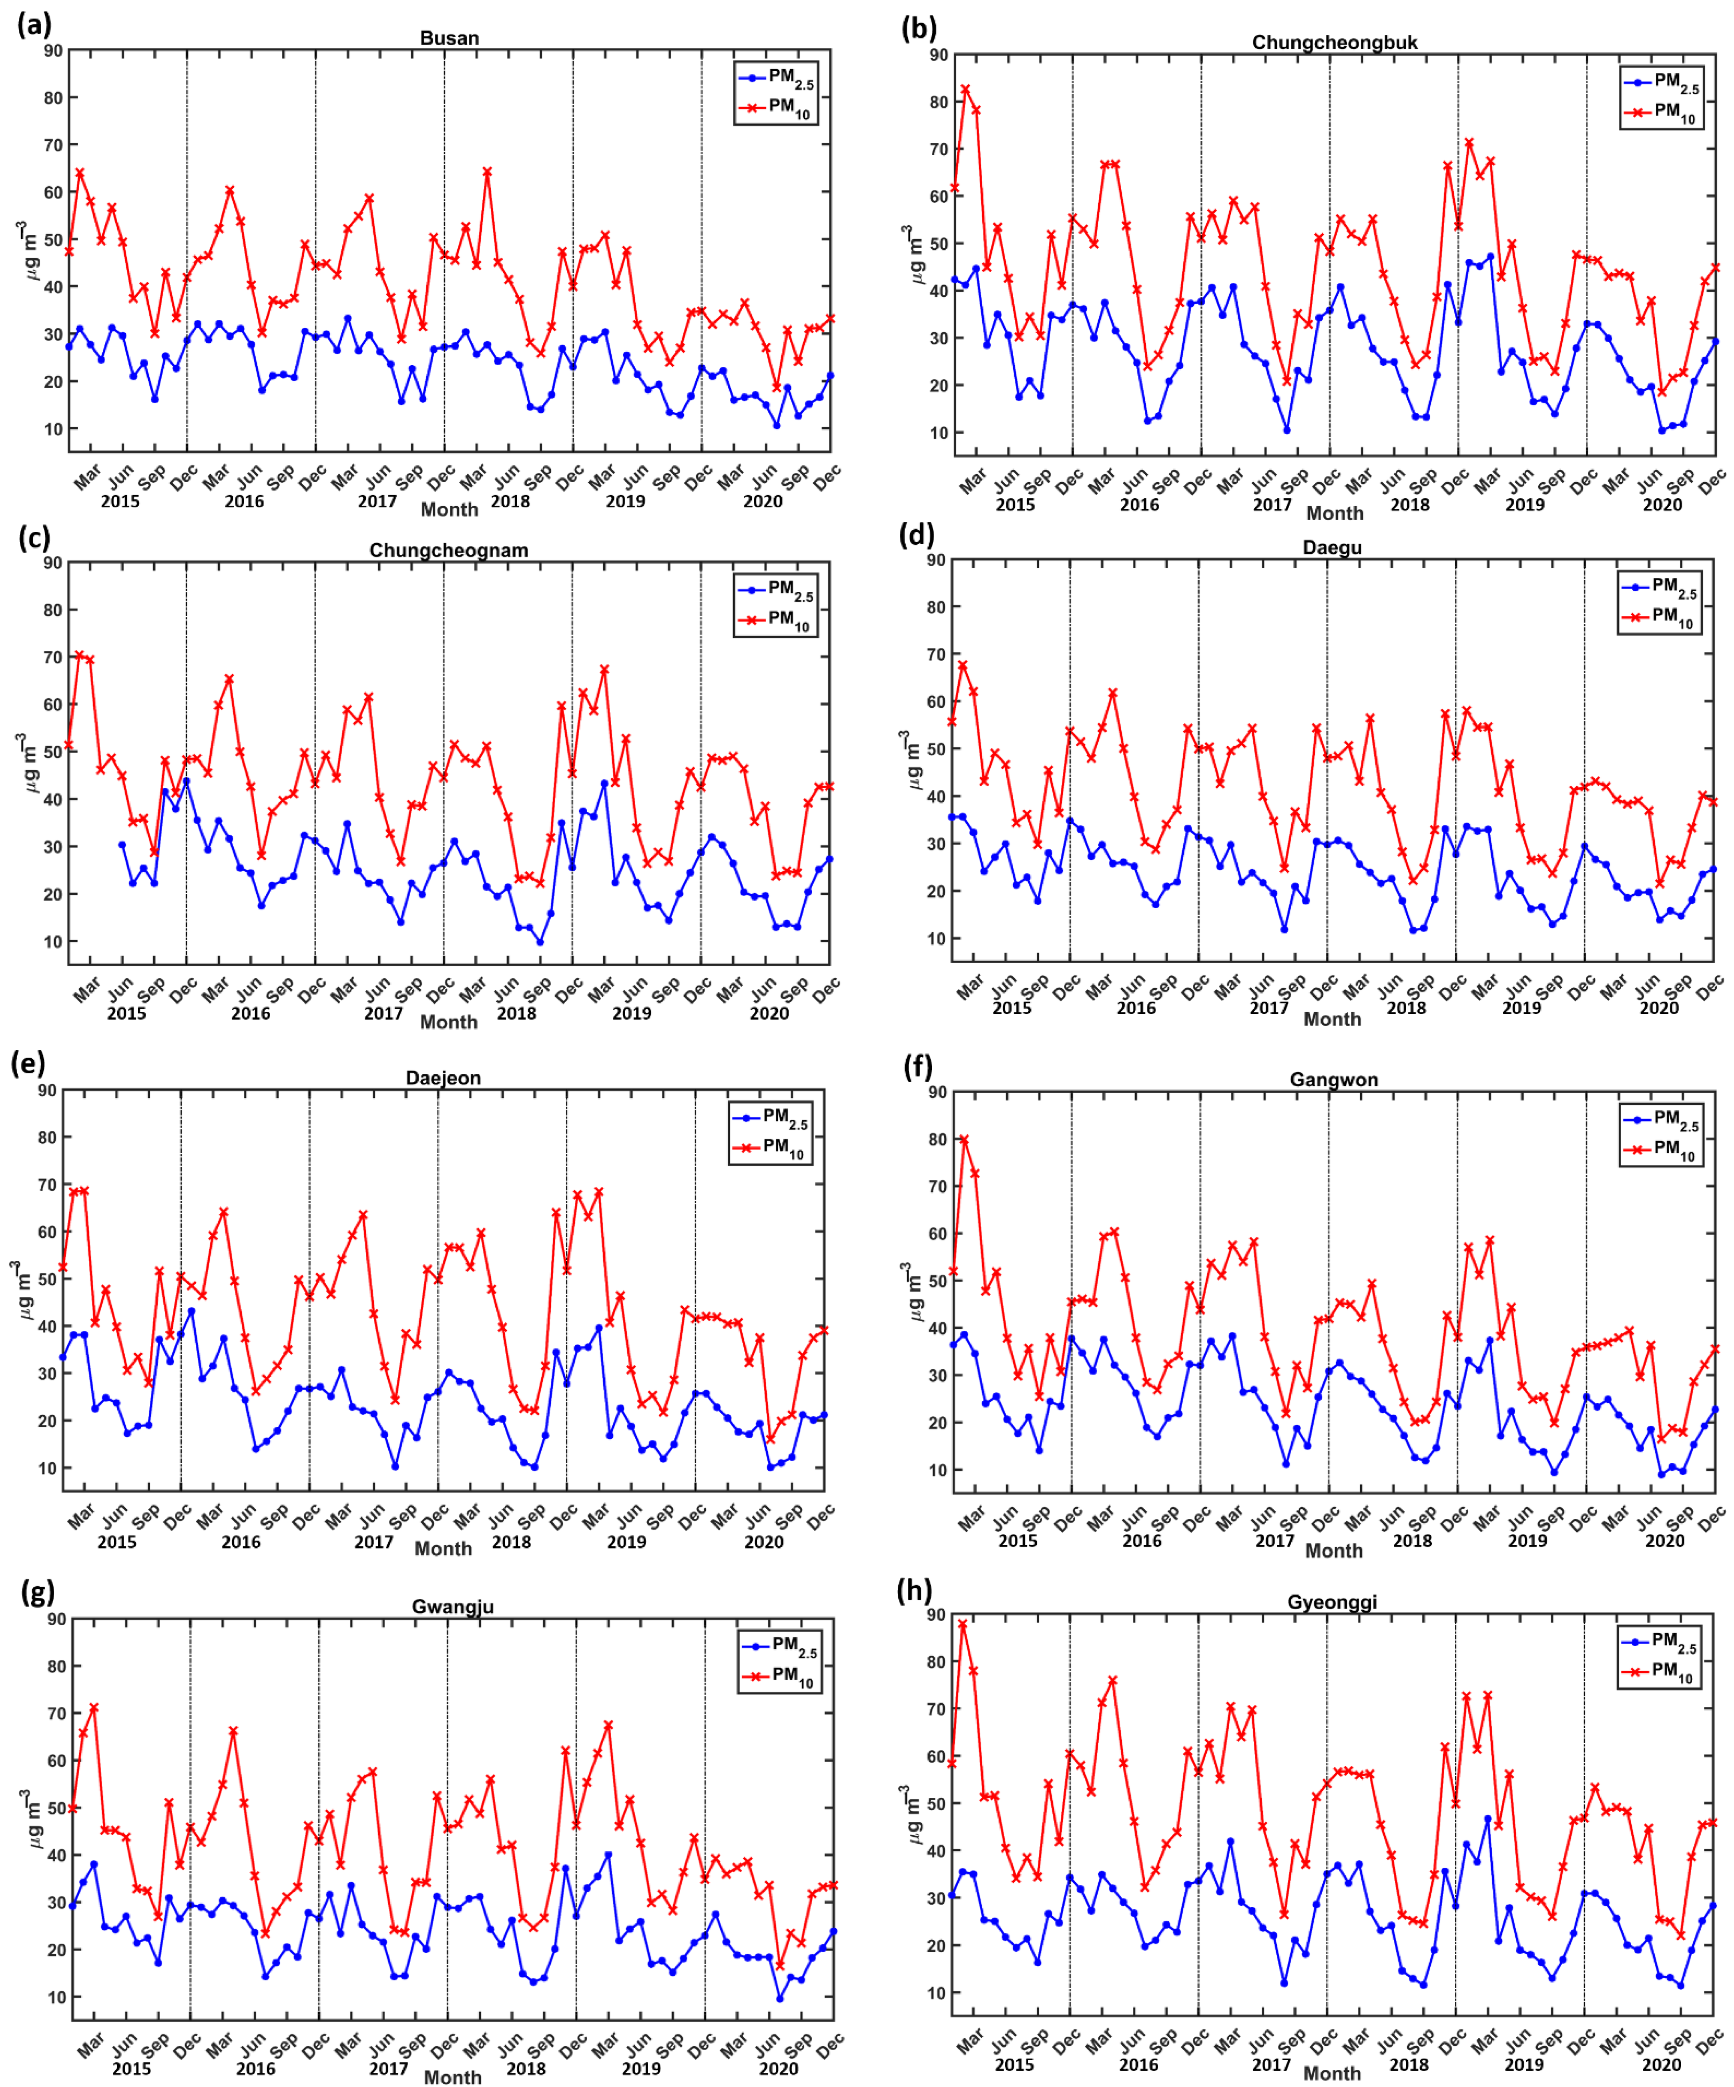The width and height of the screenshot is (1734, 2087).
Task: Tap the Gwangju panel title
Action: click(452, 1607)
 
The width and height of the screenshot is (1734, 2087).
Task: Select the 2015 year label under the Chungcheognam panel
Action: click(126, 1013)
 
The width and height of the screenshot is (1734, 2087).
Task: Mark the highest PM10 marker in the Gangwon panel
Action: click(963, 1140)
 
